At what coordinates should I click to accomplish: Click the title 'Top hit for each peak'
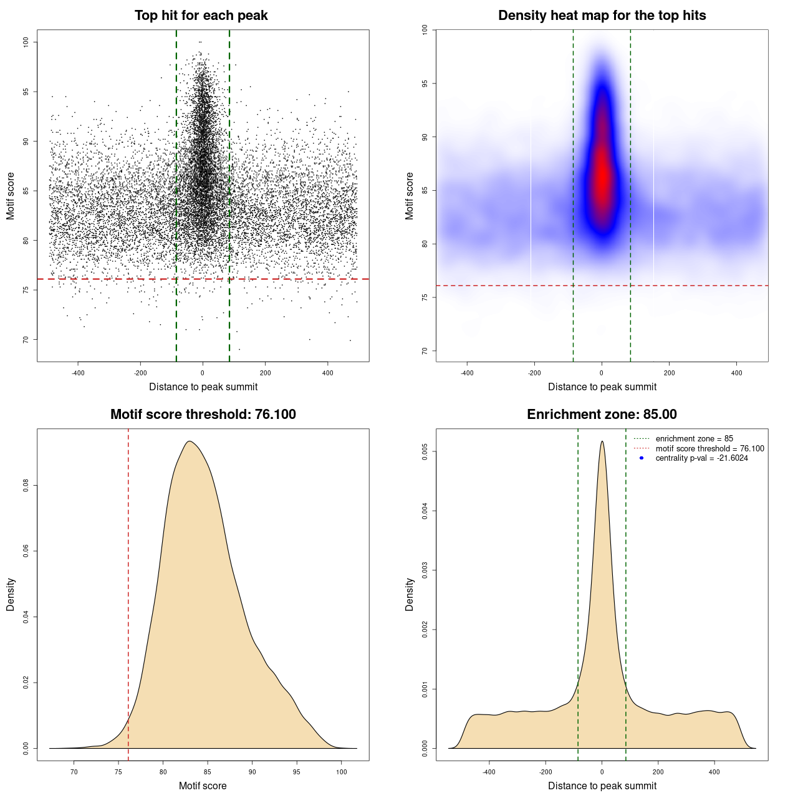(x=201, y=16)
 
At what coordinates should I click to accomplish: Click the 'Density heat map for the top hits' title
(x=602, y=16)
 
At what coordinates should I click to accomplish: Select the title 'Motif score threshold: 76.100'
(x=203, y=415)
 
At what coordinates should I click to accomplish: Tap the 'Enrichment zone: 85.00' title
(x=602, y=415)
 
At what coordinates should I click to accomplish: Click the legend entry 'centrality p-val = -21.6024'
(x=701, y=458)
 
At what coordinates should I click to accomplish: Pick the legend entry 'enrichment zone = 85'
(x=694, y=439)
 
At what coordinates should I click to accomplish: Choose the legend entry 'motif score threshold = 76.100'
(x=709, y=449)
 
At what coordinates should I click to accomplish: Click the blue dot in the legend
(x=642, y=458)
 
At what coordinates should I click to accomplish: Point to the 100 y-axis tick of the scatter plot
(x=26, y=42)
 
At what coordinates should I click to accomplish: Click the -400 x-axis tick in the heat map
(x=467, y=373)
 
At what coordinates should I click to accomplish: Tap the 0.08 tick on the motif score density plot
(x=26, y=485)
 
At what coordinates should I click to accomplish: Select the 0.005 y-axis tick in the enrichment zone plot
(x=425, y=451)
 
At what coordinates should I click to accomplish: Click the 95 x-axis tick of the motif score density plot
(x=297, y=772)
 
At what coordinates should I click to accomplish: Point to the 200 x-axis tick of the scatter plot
(x=266, y=373)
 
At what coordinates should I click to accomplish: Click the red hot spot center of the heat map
(x=602, y=181)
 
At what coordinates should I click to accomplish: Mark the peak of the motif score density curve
(x=190, y=441)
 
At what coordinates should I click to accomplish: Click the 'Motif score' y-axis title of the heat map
(x=410, y=196)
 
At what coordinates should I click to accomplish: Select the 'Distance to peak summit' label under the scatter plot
(x=203, y=387)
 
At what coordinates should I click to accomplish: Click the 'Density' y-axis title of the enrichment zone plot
(x=410, y=594)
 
